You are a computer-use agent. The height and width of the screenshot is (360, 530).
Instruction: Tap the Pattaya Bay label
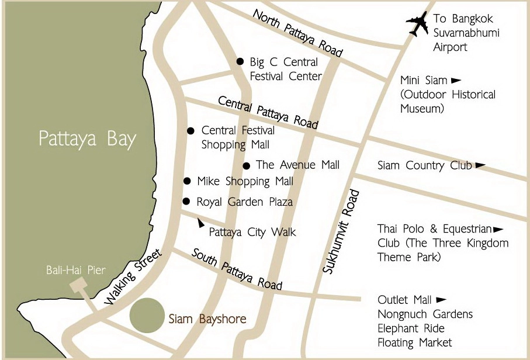(87, 139)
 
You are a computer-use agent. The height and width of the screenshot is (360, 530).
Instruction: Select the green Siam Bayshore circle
(146, 316)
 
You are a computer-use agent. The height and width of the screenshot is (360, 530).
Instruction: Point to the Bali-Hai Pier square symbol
(77, 286)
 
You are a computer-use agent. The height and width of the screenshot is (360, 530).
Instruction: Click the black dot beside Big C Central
(240, 61)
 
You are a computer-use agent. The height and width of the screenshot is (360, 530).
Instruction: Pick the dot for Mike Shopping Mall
(187, 181)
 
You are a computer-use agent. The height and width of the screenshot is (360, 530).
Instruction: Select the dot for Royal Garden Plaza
(186, 202)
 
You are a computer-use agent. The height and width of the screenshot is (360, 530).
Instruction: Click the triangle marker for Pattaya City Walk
(200, 223)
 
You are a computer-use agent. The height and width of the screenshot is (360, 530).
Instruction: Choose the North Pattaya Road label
(297, 33)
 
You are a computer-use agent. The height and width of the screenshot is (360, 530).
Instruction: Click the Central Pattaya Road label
(268, 112)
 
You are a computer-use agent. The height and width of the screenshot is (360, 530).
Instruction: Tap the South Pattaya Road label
(237, 269)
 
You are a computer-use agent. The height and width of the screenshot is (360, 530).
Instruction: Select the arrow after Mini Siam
(456, 80)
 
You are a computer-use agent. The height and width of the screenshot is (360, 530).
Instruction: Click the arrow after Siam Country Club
(480, 165)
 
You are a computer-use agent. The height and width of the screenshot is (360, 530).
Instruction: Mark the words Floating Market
(415, 342)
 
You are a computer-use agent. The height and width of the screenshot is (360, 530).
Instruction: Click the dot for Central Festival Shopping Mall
(190, 131)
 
